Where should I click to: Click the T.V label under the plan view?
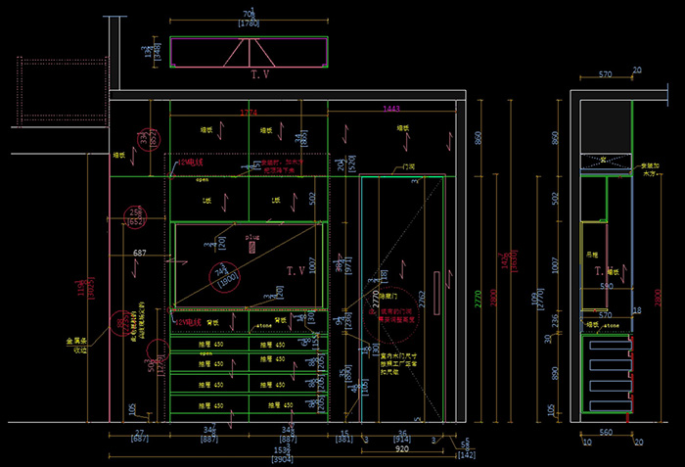tap(260, 74)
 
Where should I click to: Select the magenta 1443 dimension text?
tap(392, 109)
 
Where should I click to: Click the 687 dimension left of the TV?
tap(140, 254)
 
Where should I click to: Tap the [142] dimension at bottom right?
tap(468, 455)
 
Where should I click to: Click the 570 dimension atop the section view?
tap(606, 73)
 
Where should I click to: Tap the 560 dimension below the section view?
tap(606, 432)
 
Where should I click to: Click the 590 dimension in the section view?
tap(606, 286)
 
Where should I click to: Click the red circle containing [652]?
tap(136, 217)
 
